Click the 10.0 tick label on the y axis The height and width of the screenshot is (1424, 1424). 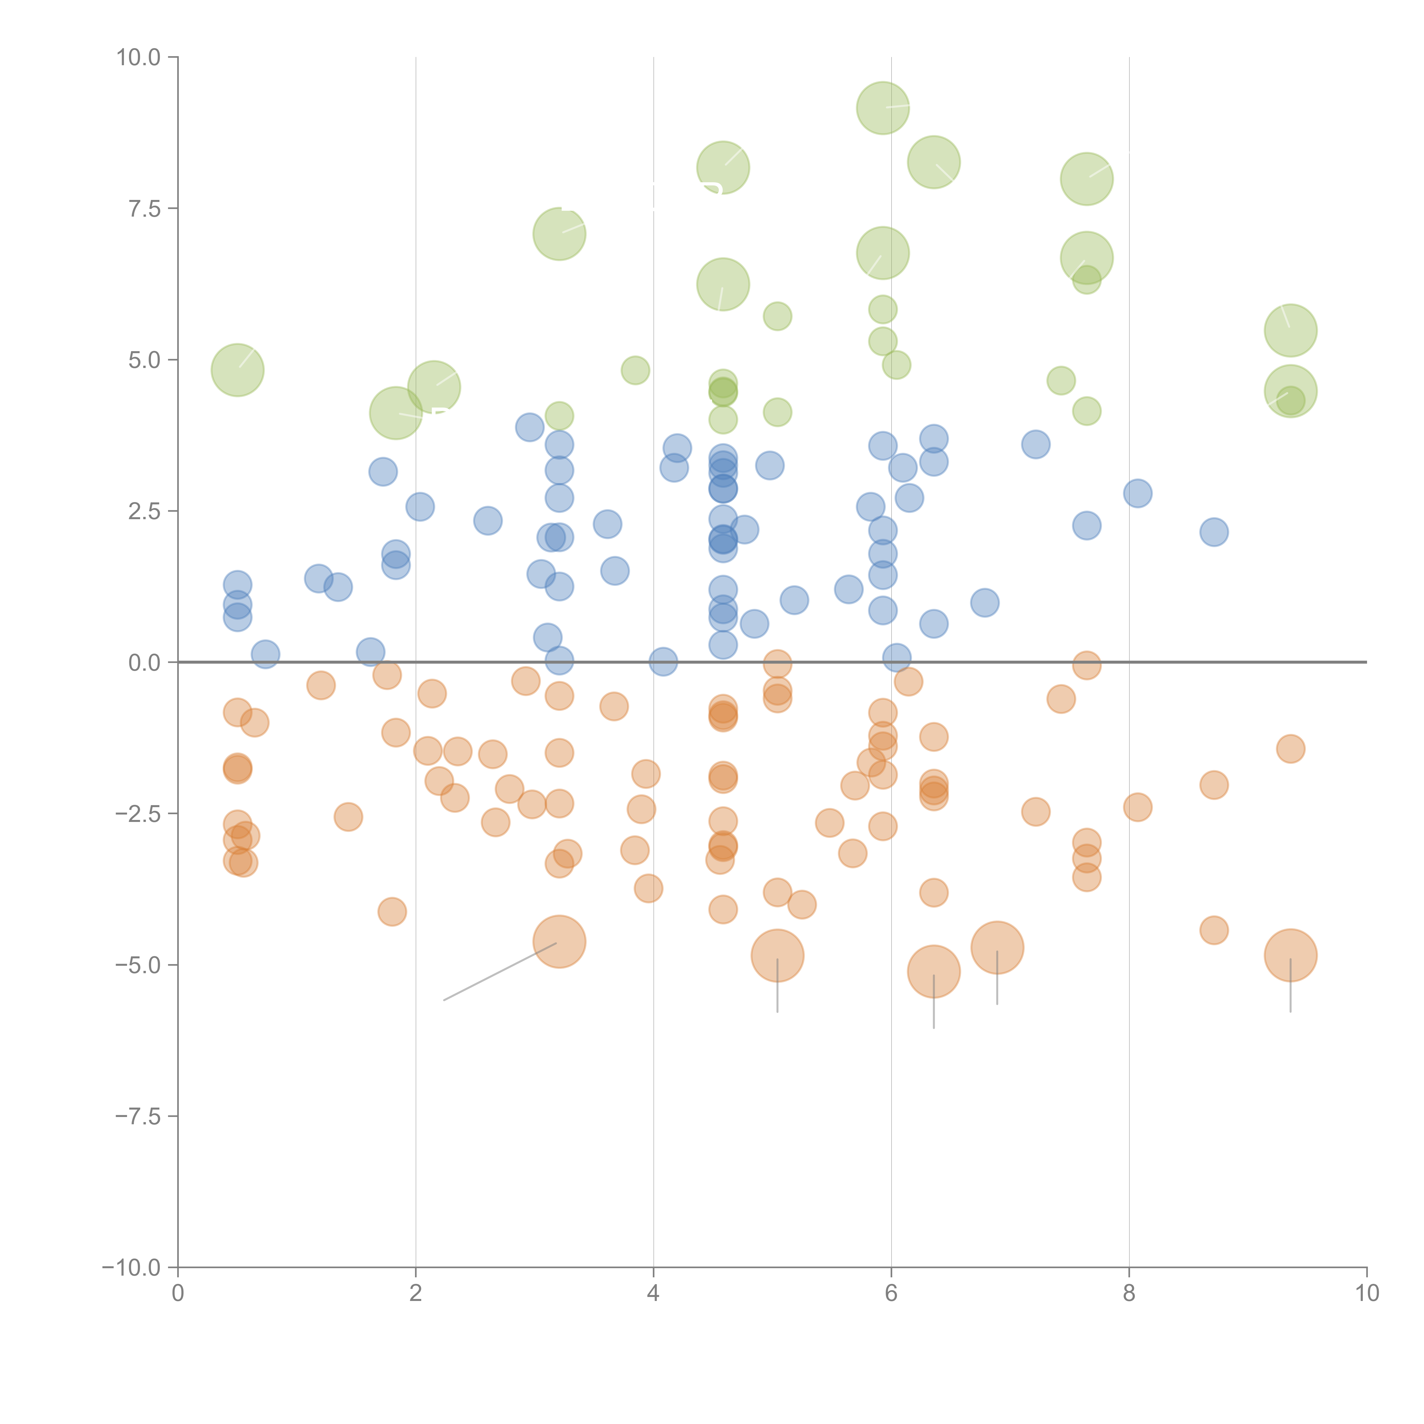(139, 58)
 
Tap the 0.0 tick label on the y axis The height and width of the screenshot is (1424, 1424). (144, 663)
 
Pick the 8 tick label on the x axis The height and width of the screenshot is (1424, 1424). (1129, 1294)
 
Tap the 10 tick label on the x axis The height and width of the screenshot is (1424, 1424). (1366, 1294)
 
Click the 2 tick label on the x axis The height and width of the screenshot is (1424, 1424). (416, 1294)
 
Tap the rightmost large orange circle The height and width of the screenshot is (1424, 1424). (1291, 955)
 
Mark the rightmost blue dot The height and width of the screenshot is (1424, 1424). (1214, 531)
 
